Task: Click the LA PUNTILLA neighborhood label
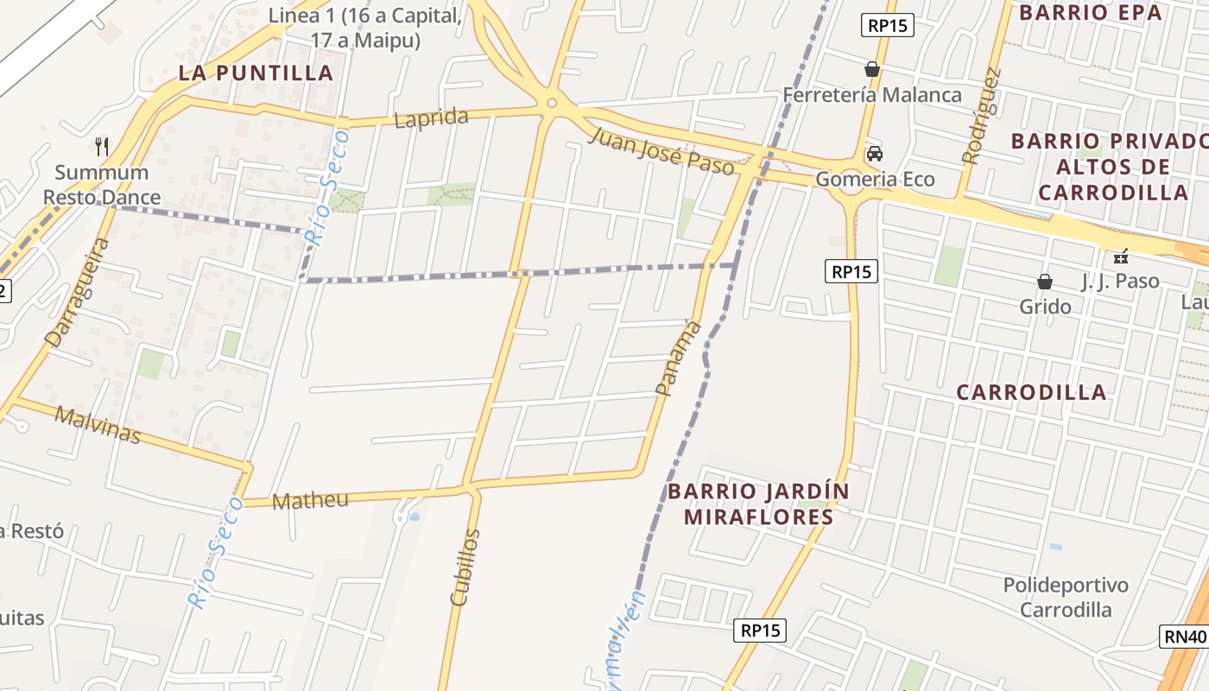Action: point(256,73)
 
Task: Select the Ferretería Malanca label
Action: point(872,94)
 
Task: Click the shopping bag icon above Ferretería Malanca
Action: point(872,69)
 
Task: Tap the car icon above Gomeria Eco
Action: point(874,154)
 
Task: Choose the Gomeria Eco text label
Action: point(875,180)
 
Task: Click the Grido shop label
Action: point(1045,307)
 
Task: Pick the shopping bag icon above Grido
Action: point(1045,282)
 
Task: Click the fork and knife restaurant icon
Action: point(102,145)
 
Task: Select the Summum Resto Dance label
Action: point(102,185)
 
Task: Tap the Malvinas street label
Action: point(98,424)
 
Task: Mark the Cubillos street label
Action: point(465,567)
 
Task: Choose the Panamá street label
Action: point(678,358)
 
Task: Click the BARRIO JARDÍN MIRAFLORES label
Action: point(758,504)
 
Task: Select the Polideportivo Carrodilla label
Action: point(1066,597)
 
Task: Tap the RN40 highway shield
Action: point(1184,637)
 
